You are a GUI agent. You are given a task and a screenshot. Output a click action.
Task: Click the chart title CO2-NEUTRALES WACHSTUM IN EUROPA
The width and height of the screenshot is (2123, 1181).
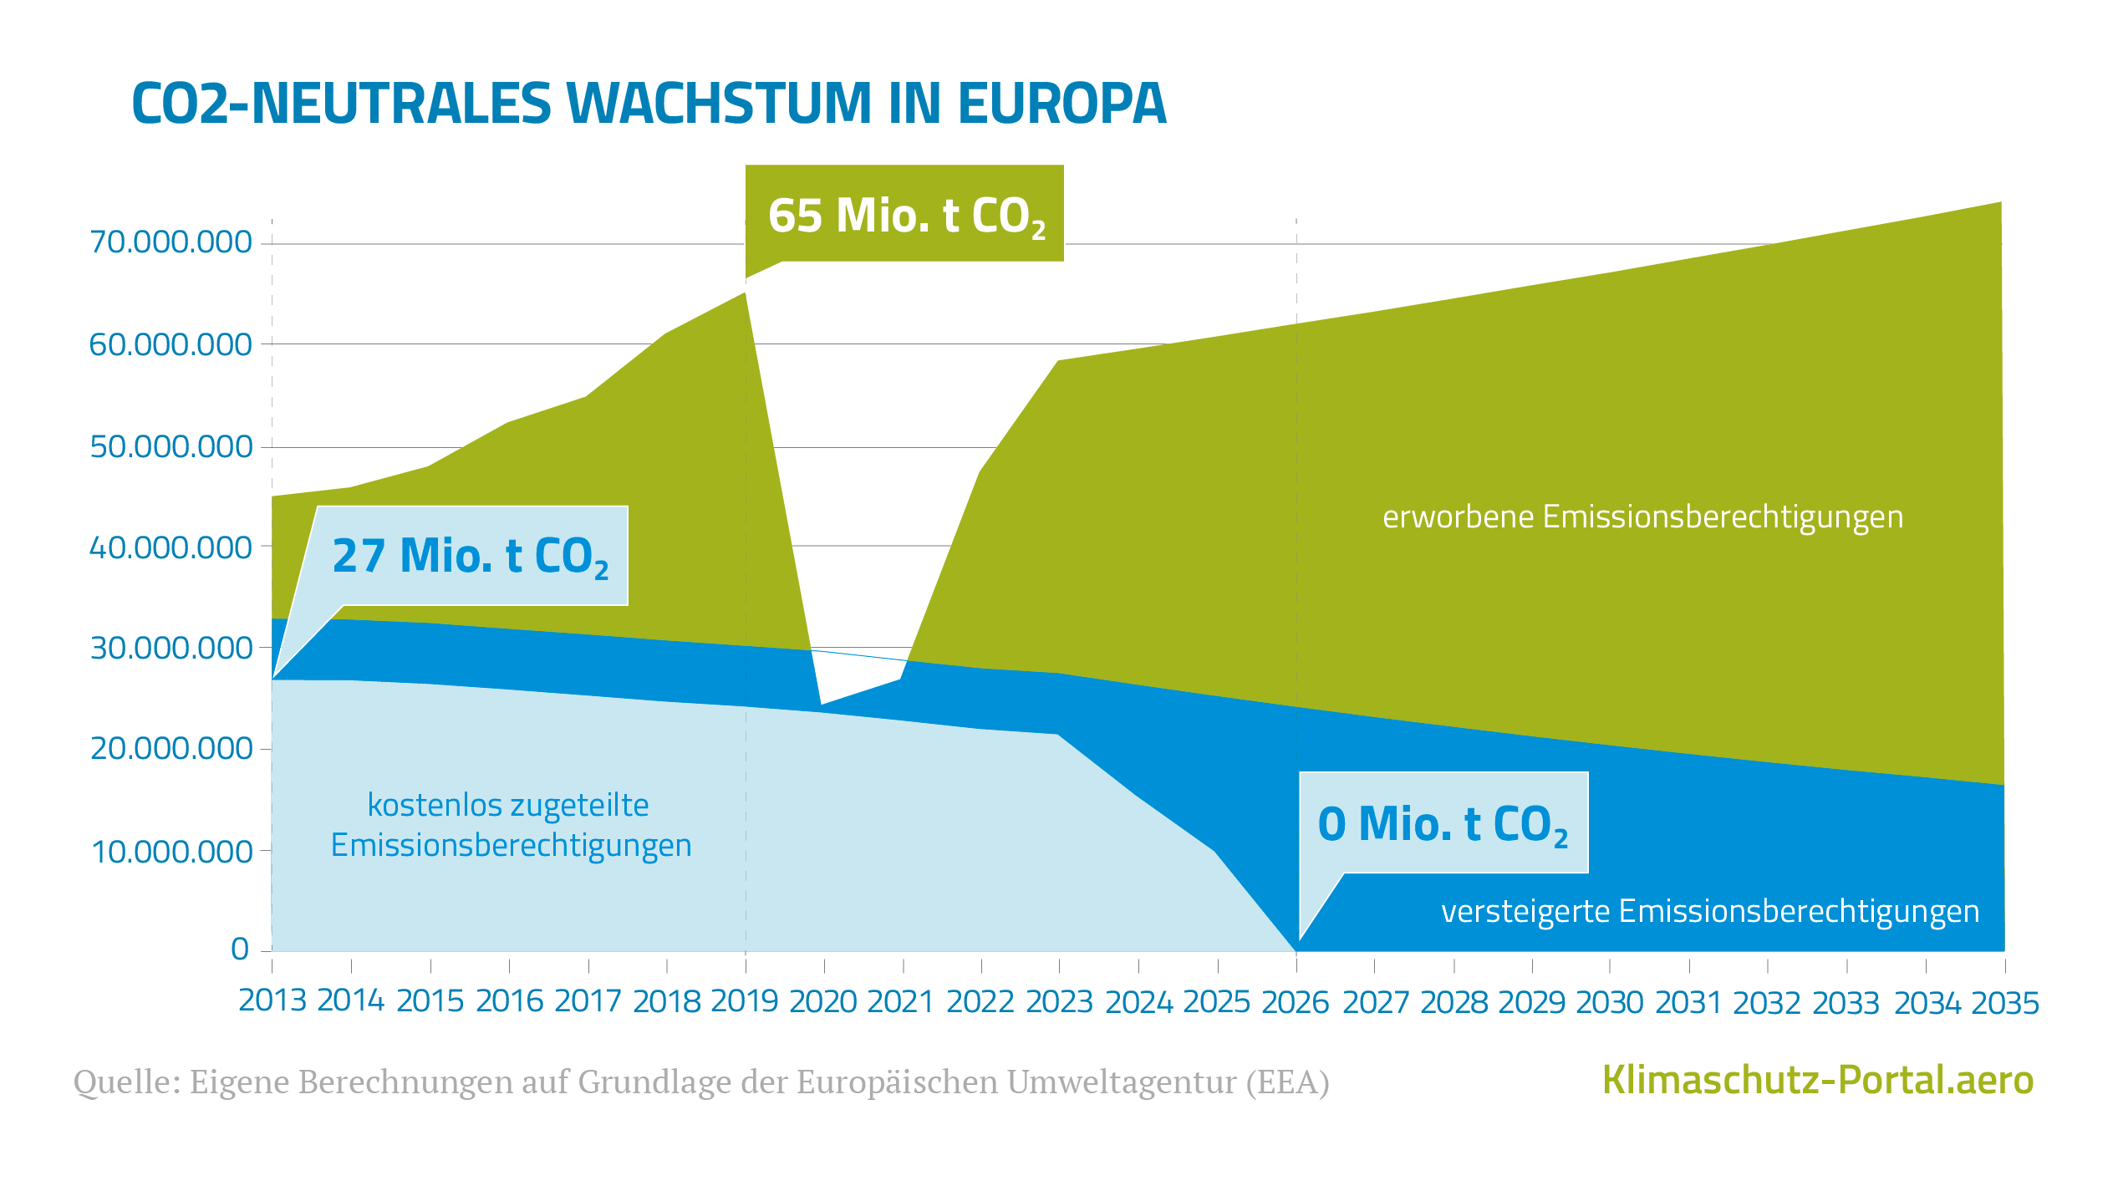pyautogui.click(x=649, y=104)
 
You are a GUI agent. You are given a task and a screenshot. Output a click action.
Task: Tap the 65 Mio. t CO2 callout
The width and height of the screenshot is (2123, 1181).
pyautogui.click(x=905, y=215)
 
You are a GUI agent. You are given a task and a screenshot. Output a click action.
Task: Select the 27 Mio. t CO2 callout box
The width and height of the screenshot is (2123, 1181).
pyautogui.click(x=471, y=556)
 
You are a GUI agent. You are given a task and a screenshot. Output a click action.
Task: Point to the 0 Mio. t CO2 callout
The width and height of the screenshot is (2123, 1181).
pyautogui.click(x=1443, y=823)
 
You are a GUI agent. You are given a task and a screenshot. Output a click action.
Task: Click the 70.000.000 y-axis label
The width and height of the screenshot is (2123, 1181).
pyautogui.click(x=171, y=242)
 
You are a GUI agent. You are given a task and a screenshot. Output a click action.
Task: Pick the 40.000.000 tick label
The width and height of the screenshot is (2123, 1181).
pyautogui.click(x=171, y=547)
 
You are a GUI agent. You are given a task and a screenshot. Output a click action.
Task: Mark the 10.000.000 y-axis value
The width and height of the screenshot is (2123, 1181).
pyautogui.click(x=171, y=852)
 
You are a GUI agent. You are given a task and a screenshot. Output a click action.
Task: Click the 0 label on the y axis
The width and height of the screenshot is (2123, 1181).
pyautogui.click(x=240, y=949)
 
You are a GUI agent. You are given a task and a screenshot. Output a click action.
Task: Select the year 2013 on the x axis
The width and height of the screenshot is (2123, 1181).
pyautogui.click(x=272, y=1000)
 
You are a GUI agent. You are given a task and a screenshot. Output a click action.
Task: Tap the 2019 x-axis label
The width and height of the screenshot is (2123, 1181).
pyautogui.click(x=745, y=1001)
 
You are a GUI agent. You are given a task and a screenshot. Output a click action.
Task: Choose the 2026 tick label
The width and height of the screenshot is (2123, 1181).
pyautogui.click(x=1295, y=1002)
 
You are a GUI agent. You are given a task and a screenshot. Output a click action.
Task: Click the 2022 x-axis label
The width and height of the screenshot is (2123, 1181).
pyautogui.click(x=980, y=1001)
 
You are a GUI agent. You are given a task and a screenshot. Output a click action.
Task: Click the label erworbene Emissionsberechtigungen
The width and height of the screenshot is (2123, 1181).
pyautogui.click(x=1642, y=517)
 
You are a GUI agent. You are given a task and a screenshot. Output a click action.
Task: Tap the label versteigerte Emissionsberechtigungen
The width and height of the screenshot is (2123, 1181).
pyautogui.click(x=1709, y=911)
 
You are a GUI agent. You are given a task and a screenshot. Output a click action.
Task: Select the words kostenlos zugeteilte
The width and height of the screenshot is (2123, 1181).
pyautogui.click(x=508, y=805)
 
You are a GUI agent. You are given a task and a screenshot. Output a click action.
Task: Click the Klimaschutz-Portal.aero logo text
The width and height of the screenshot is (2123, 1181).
pyautogui.click(x=1817, y=1080)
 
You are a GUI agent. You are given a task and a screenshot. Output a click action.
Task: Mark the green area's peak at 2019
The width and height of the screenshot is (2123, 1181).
pyautogui.click(x=744, y=294)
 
